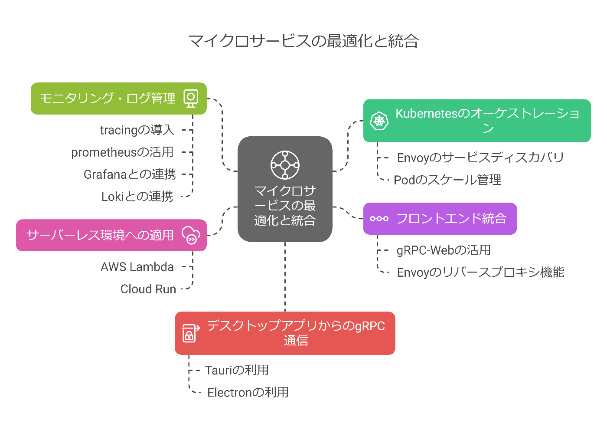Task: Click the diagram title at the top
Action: tap(303, 41)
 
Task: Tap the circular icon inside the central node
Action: tap(285, 165)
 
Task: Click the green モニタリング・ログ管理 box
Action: tap(108, 98)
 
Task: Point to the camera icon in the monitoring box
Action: tap(191, 98)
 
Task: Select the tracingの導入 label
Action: tap(137, 130)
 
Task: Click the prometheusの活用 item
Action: tap(122, 152)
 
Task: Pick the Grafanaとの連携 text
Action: tap(130, 174)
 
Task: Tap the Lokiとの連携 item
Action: tap(137, 197)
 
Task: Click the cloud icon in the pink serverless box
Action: tap(191, 235)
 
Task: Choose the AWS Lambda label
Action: tap(137, 267)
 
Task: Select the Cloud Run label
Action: tap(148, 289)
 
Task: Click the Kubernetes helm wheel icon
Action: tap(379, 121)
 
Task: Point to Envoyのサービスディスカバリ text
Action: tap(480, 158)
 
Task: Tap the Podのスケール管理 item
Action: tap(447, 180)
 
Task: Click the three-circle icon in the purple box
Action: tap(379, 219)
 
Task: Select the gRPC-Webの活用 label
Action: tap(444, 250)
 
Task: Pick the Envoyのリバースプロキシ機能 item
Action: tap(480, 272)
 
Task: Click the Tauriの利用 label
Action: tap(237, 370)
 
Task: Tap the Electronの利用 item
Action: tap(248, 392)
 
